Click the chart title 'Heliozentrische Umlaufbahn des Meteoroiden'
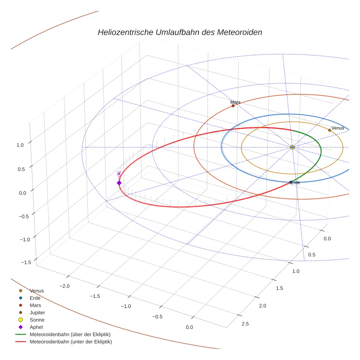[x=180, y=32]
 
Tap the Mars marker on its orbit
[x=233, y=106]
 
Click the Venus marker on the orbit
[x=330, y=130]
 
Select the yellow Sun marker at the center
[x=292, y=147]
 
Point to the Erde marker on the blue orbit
[x=290, y=182]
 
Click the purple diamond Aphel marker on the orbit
[x=119, y=183]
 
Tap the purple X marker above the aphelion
[x=119, y=173]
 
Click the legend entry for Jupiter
[x=37, y=312]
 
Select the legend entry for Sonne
[x=37, y=320]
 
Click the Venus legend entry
[x=37, y=290]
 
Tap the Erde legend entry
[x=35, y=298]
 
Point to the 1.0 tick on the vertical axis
[x=20, y=145]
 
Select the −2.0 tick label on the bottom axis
[x=65, y=285]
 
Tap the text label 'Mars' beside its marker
[x=235, y=102]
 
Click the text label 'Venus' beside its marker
[x=338, y=128]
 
